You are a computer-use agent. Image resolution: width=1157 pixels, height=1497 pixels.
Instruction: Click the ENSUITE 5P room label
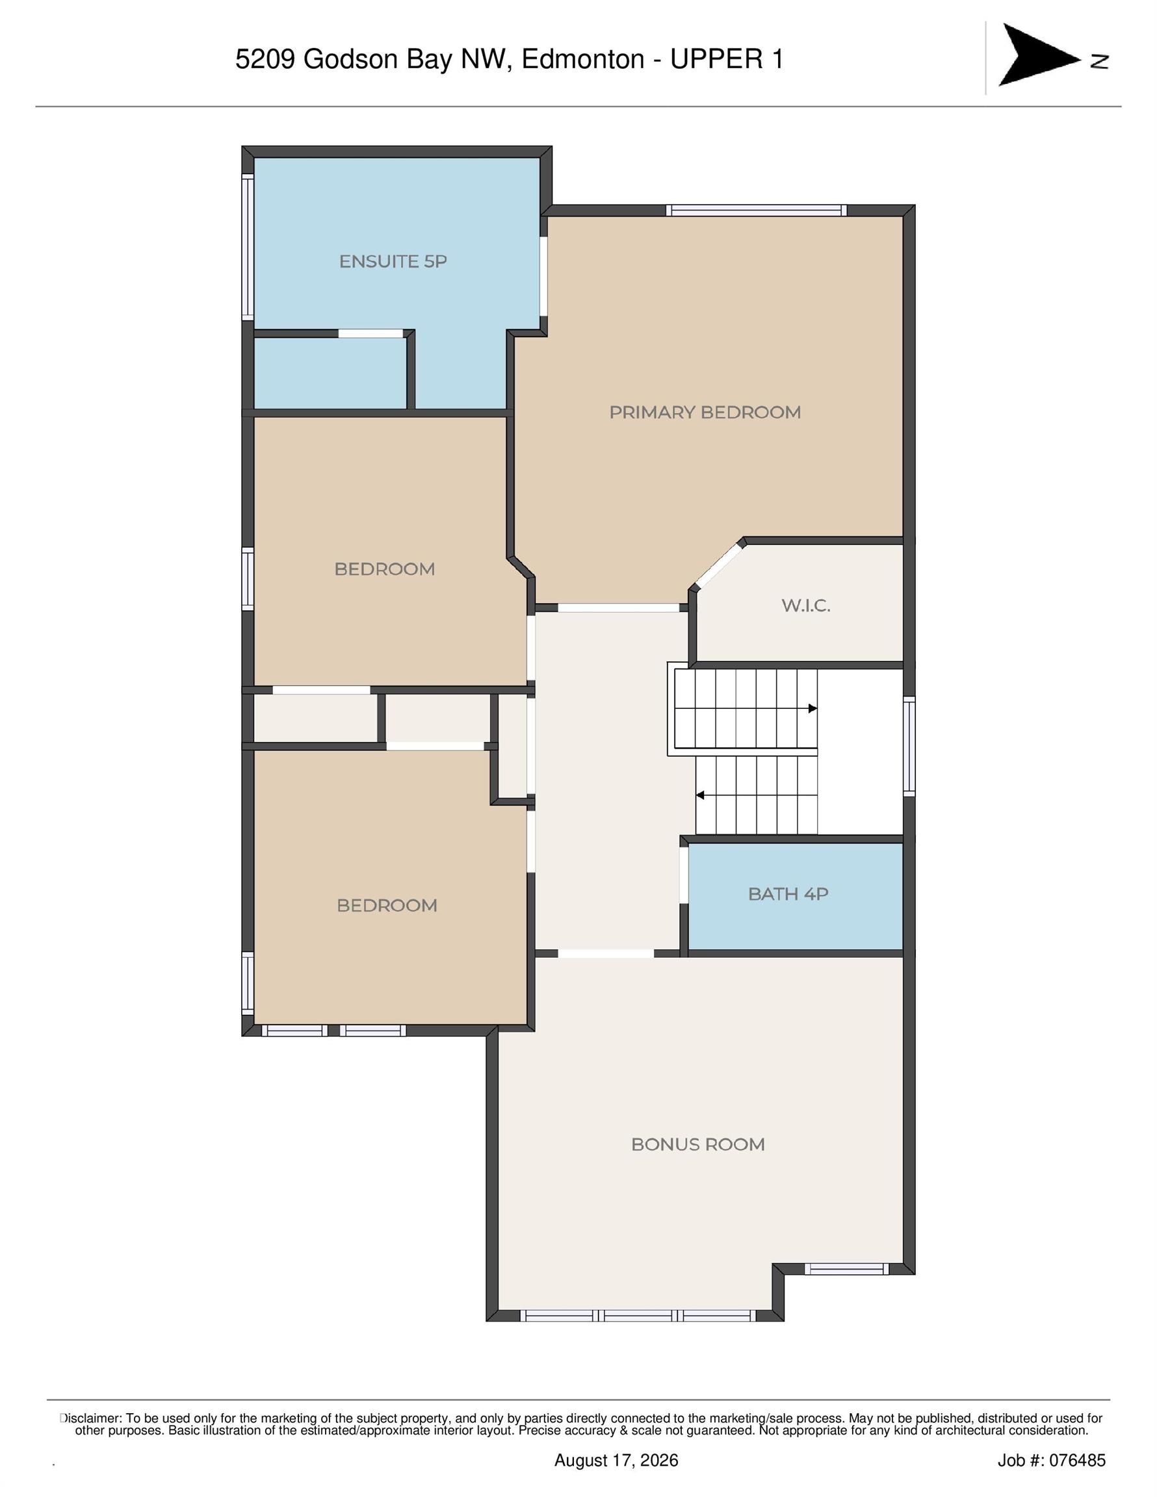coord(393,261)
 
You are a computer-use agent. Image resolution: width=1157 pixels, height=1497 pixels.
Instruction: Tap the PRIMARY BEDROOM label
coord(705,412)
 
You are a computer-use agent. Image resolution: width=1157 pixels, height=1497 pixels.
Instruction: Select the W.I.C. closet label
coord(806,606)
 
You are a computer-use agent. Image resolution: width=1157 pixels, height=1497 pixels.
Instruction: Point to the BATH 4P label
coord(788,894)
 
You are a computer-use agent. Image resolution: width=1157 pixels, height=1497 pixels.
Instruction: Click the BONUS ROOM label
coord(697,1144)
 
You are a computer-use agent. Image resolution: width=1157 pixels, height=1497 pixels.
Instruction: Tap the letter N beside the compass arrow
coord(1099,62)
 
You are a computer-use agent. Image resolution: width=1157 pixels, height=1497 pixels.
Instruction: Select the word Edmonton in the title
coord(583,60)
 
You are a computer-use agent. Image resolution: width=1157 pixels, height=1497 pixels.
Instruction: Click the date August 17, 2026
coord(616,1460)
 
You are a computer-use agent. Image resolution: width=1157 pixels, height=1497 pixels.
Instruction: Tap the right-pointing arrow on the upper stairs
coord(812,708)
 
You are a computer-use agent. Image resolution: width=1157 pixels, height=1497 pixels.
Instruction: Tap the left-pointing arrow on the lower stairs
coord(700,795)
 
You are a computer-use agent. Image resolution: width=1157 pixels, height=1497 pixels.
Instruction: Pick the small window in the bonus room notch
coord(846,1269)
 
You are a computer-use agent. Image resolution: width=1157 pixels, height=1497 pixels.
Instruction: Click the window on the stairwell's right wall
coord(909,746)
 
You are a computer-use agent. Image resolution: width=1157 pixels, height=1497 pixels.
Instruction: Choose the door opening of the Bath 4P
coord(684,875)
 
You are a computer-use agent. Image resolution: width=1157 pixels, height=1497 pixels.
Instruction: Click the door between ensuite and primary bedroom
coord(543,276)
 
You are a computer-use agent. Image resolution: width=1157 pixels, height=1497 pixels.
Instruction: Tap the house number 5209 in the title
coord(265,60)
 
